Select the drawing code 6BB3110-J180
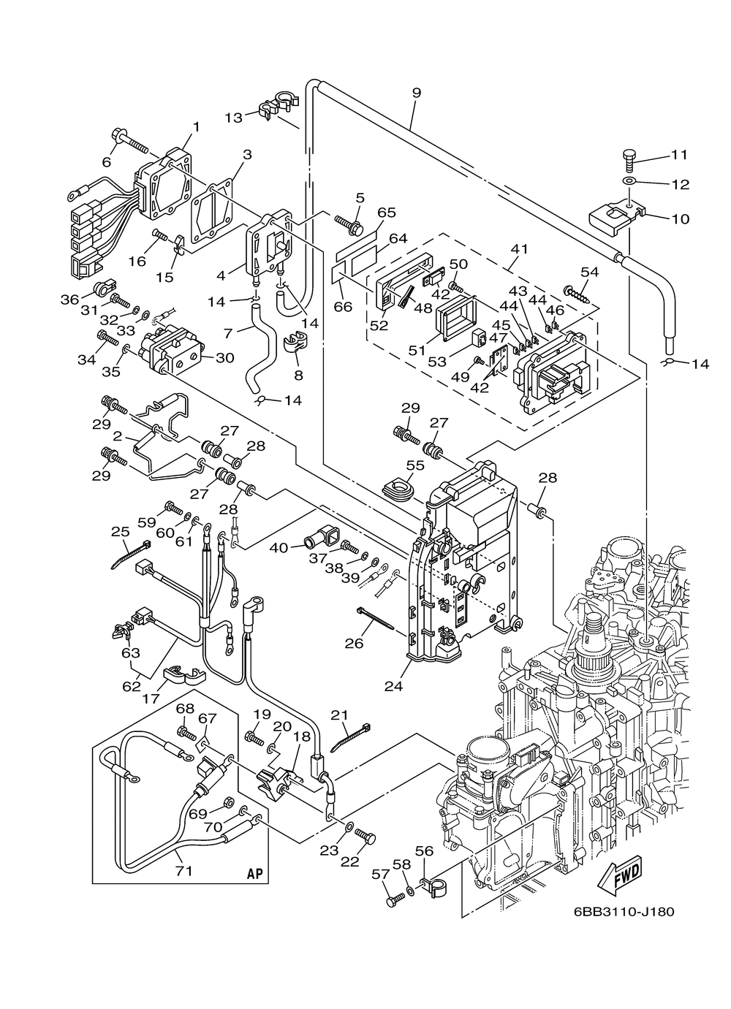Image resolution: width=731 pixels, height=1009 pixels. [624, 911]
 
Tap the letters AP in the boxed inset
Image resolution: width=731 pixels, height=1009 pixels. [254, 873]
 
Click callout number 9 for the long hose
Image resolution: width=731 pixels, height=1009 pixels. [416, 93]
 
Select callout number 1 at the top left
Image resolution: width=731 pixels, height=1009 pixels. [195, 126]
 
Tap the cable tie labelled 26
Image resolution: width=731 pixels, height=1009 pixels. [374, 618]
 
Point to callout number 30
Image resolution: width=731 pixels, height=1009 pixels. [224, 357]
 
